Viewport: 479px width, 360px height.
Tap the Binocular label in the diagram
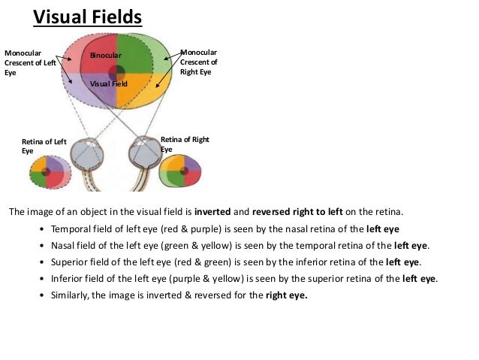(104, 56)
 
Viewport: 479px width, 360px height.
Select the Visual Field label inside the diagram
(109, 84)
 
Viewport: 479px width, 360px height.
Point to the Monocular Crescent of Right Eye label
(199, 62)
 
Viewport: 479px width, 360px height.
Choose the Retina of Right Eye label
(185, 144)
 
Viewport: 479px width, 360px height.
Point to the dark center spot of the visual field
(116, 73)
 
